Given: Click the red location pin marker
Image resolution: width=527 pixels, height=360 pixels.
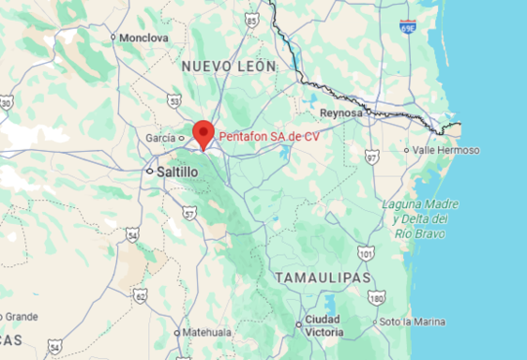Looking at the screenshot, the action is point(203,134).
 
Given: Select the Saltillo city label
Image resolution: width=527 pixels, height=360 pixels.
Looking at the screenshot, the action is point(176,172).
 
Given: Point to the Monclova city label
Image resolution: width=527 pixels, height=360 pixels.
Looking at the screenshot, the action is point(143,37).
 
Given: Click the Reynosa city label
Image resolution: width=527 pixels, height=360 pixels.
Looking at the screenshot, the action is point(340,112).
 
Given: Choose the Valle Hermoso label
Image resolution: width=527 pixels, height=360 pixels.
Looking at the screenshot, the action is point(445,150).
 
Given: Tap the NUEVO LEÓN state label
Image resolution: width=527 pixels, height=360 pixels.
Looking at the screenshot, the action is point(228,67).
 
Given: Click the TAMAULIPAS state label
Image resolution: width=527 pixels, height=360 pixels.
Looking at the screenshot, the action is point(324,278).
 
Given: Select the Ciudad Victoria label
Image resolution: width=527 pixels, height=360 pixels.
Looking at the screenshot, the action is point(324,326).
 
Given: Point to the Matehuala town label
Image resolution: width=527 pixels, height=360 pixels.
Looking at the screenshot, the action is point(206,333).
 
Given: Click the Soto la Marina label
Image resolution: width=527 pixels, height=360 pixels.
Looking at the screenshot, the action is point(412,322).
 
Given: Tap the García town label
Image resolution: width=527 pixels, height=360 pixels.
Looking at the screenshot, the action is point(160,138).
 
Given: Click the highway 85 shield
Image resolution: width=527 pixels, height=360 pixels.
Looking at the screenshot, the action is point(250,20).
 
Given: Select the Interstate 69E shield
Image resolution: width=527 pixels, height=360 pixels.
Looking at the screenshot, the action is point(407,26).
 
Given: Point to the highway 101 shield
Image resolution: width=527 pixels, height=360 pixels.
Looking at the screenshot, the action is point(366,253).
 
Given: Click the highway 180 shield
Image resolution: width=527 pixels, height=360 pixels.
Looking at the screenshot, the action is point(377,298).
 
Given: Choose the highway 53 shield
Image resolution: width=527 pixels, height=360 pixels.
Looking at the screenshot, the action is point(174,99).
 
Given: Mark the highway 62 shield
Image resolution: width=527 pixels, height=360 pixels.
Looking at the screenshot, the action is point(140,296).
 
